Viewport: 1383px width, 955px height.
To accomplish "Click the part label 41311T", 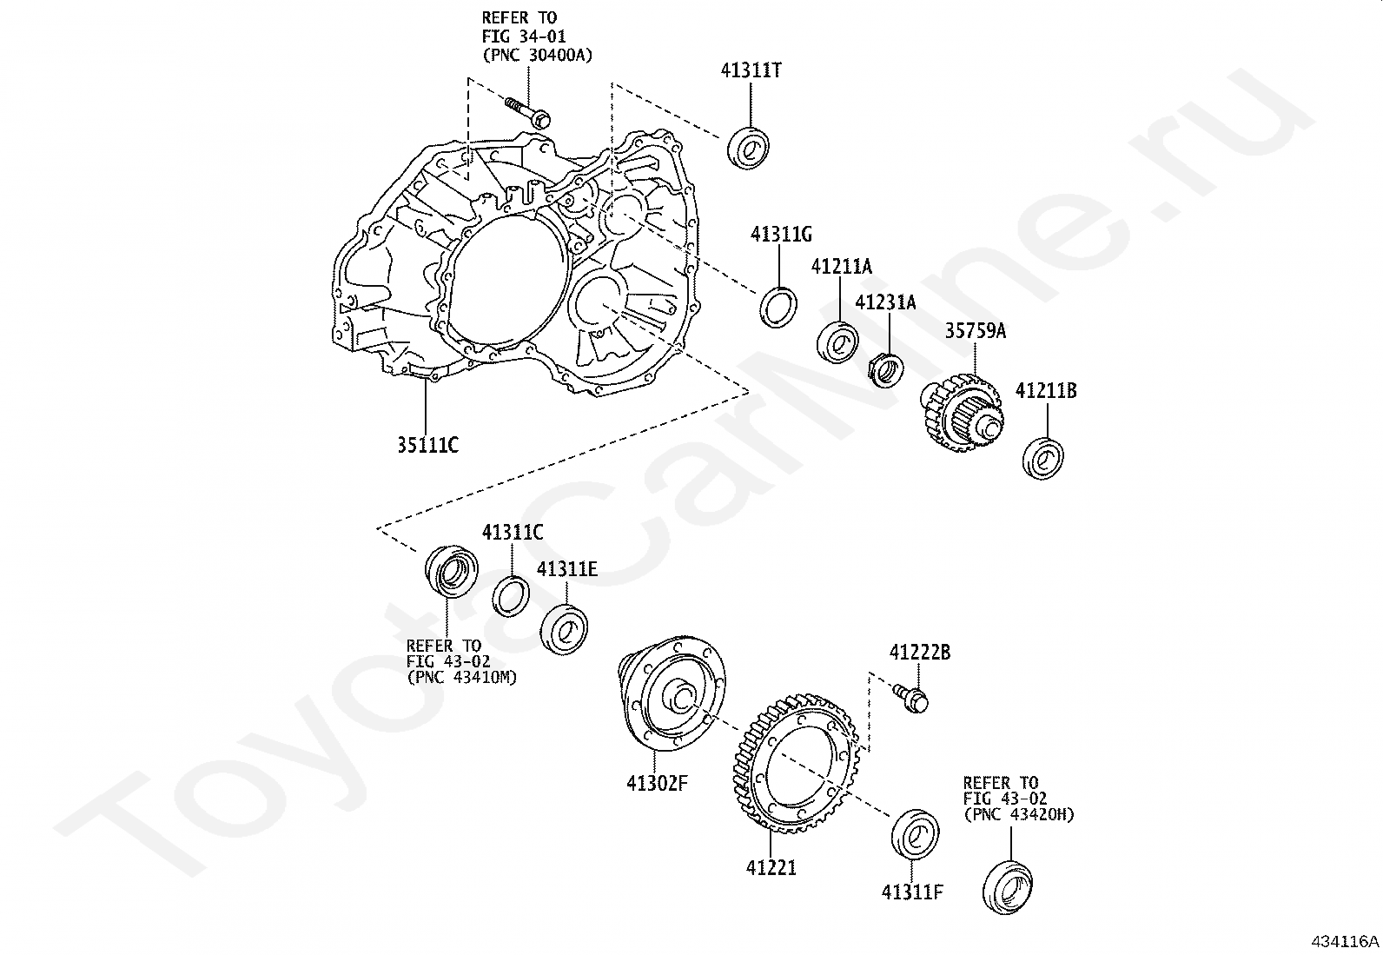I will [751, 71].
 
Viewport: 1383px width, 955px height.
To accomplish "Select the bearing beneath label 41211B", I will [1043, 458].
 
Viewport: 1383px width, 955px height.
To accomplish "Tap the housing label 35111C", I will [427, 445].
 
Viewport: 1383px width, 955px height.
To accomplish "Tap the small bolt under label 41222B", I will [910, 697].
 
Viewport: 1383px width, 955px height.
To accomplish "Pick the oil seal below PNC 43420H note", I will [1009, 886].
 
